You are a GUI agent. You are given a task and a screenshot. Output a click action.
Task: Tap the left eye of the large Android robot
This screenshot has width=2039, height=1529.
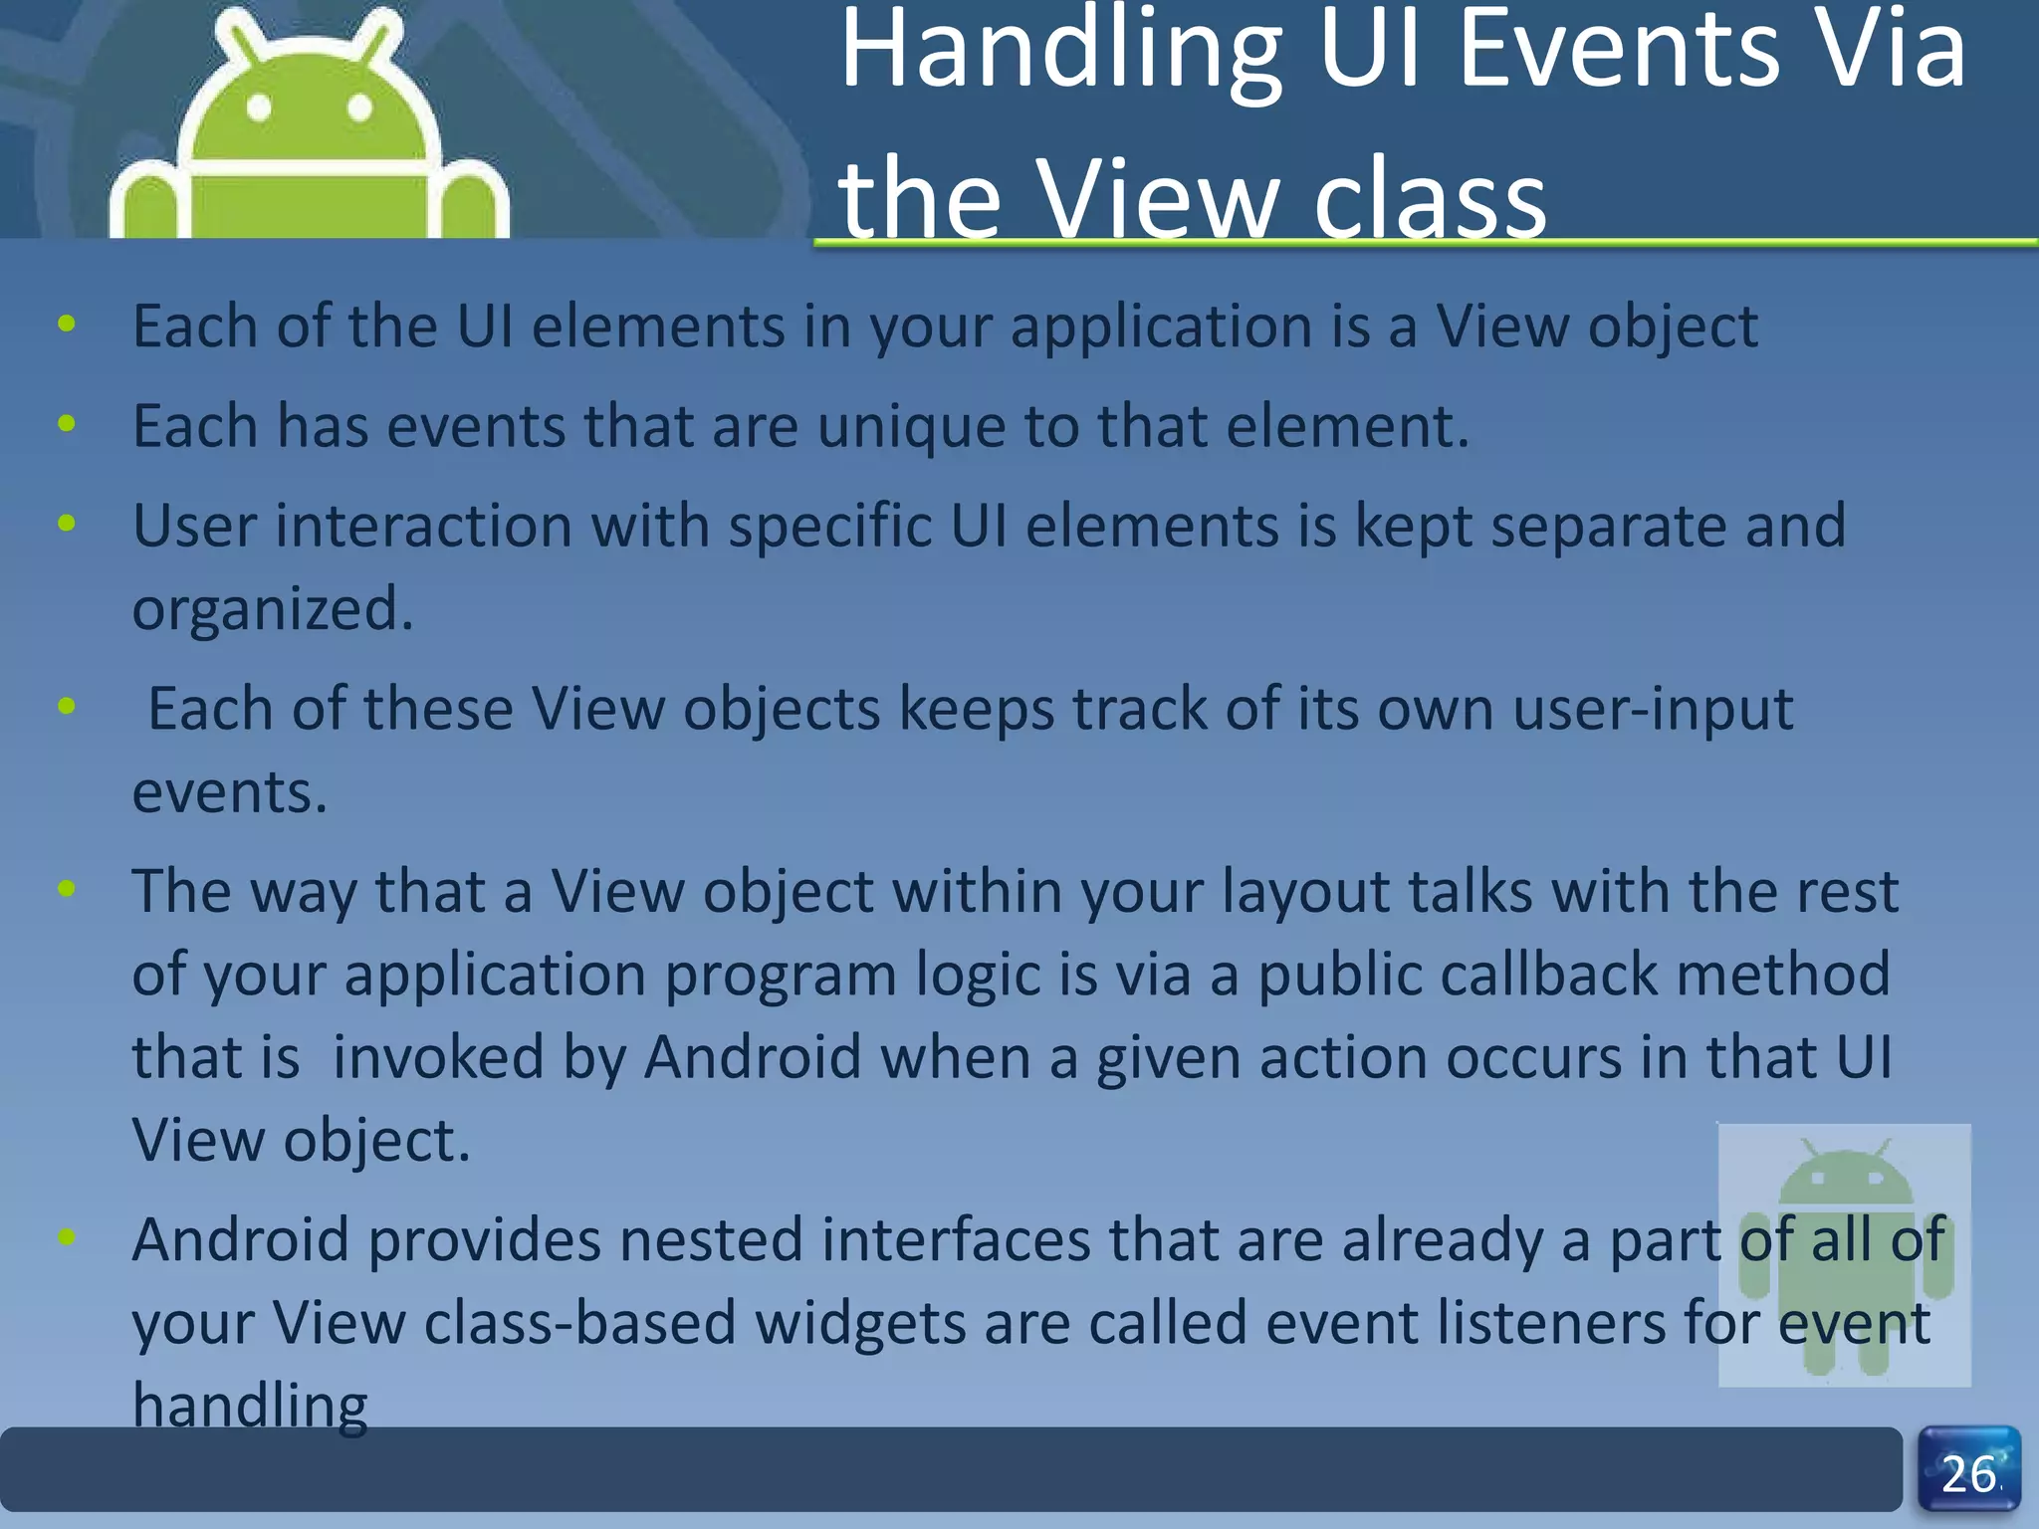pos(259,107)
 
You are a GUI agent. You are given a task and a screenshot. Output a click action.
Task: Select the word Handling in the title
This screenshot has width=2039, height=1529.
pos(1061,52)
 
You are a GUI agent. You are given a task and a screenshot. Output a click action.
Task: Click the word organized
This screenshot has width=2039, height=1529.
pos(272,609)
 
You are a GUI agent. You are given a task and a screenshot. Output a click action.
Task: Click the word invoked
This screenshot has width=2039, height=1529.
pos(438,1057)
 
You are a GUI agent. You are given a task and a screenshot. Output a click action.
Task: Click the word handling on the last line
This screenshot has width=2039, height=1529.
pos(250,1406)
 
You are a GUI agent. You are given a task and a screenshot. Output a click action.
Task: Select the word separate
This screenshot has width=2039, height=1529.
pos(1608,526)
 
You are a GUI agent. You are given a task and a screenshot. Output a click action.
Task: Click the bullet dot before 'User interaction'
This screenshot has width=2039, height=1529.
pos(67,523)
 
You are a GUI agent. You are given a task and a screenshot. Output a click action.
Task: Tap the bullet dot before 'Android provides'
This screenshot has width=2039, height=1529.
pos(67,1237)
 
